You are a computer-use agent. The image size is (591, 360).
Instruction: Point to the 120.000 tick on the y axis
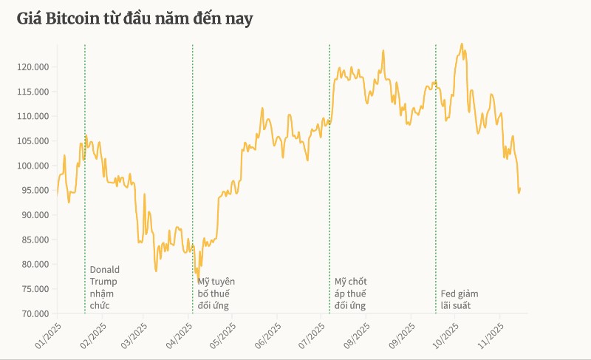[33, 67]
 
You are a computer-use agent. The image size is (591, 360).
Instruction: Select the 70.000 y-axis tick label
[33, 313]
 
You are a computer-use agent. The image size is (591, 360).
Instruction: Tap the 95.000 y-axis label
[33, 190]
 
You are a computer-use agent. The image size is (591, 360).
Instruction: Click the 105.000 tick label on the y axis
[33, 140]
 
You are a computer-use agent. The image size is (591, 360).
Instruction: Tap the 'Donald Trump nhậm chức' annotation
[104, 287]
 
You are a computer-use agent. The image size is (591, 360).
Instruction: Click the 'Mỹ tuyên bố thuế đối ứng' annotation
[216, 293]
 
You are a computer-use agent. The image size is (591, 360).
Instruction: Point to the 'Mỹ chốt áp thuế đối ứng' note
[350, 293]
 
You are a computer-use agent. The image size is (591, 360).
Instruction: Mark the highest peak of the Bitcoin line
[462, 44]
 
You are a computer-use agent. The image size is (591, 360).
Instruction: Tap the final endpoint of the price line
[520, 189]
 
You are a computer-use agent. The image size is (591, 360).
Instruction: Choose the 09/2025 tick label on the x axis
[404, 333]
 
